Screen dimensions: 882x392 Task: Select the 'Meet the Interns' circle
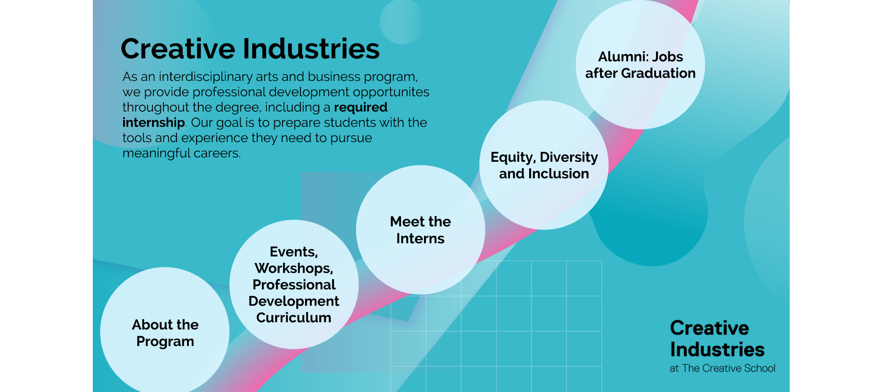point(420,230)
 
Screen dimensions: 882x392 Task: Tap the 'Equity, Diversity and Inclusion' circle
point(544,165)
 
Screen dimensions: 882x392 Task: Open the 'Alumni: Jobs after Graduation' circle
point(640,64)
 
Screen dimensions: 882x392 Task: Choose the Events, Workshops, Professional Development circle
point(294,284)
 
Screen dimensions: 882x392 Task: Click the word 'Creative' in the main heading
point(178,49)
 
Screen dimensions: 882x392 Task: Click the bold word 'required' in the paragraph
point(361,108)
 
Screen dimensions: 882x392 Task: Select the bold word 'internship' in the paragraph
point(153,123)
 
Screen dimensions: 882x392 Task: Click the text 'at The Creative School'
point(722,368)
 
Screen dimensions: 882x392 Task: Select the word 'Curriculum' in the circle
point(294,318)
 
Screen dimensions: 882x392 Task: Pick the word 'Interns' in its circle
point(420,239)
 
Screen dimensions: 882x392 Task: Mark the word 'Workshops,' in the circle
point(294,268)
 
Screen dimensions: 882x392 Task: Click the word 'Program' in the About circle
point(165,342)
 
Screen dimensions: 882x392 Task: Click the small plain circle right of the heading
point(402,22)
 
